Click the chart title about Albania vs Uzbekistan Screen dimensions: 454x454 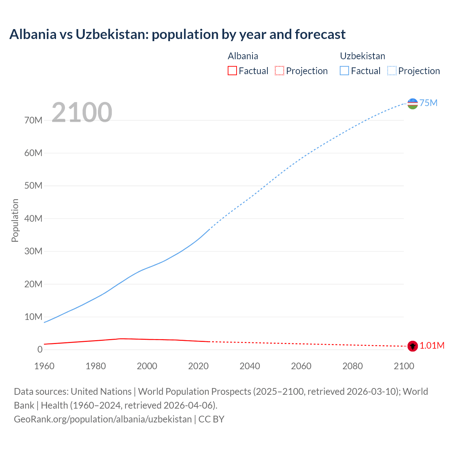(x=177, y=34)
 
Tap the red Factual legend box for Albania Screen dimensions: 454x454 (x=232, y=71)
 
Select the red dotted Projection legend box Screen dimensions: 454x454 (x=279, y=71)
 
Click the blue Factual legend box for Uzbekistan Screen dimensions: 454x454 (x=344, y=71)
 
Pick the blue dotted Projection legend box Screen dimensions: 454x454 (x=392, y=71)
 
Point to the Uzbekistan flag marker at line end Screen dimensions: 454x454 (x=413, y=104)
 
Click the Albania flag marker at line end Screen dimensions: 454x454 (x=413, y=346)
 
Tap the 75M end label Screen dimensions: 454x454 (x=428, y=103)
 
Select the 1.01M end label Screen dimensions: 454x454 (x=432, y=346)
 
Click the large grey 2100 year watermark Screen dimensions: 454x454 (x=82, y=112)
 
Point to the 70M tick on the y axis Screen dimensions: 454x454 (x=33, y=120)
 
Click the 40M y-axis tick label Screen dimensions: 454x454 (x=33, y=218)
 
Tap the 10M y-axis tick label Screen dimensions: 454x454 (x=33, y=317)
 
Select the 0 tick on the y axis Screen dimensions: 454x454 (x=40, y=349)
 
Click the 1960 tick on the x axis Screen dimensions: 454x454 (x=44, y=366)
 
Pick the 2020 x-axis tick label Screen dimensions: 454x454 (x=198, y=366)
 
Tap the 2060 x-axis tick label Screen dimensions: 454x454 (x=301, y=366)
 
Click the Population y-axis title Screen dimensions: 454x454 (x=15, y=220)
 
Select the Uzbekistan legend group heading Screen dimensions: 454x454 (x=362, y=56)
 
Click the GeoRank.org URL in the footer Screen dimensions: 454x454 (x=103, y=419)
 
